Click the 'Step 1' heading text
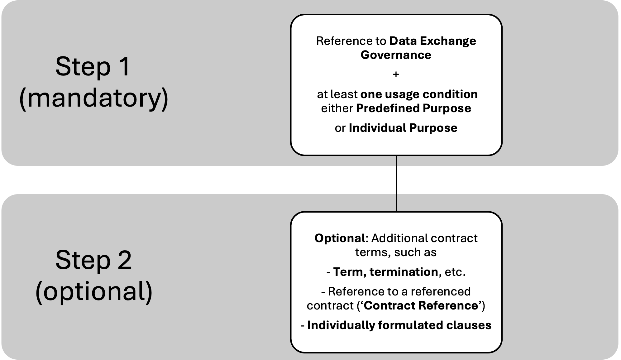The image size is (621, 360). point(93,67)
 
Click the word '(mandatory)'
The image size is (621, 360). point(94,98)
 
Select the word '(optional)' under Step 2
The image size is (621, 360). point(94,291)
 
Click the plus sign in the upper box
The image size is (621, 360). point(396,74)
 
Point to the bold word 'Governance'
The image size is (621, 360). point(396,55)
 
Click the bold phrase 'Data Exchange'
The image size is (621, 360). point(433,41)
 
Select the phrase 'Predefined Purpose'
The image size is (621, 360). point(413,108)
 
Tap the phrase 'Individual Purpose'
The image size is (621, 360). point(403,128)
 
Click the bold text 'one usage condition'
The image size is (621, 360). point(419,94)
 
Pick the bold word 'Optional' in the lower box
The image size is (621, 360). point(339,238)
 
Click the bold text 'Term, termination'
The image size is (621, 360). point(385,272)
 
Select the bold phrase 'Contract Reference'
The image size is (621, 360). point(420,305)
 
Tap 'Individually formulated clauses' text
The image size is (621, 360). point(399,325)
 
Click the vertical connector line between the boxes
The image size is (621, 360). point(396,203)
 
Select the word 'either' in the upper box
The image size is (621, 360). point(337,108)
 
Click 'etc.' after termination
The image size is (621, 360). point(455,272)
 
